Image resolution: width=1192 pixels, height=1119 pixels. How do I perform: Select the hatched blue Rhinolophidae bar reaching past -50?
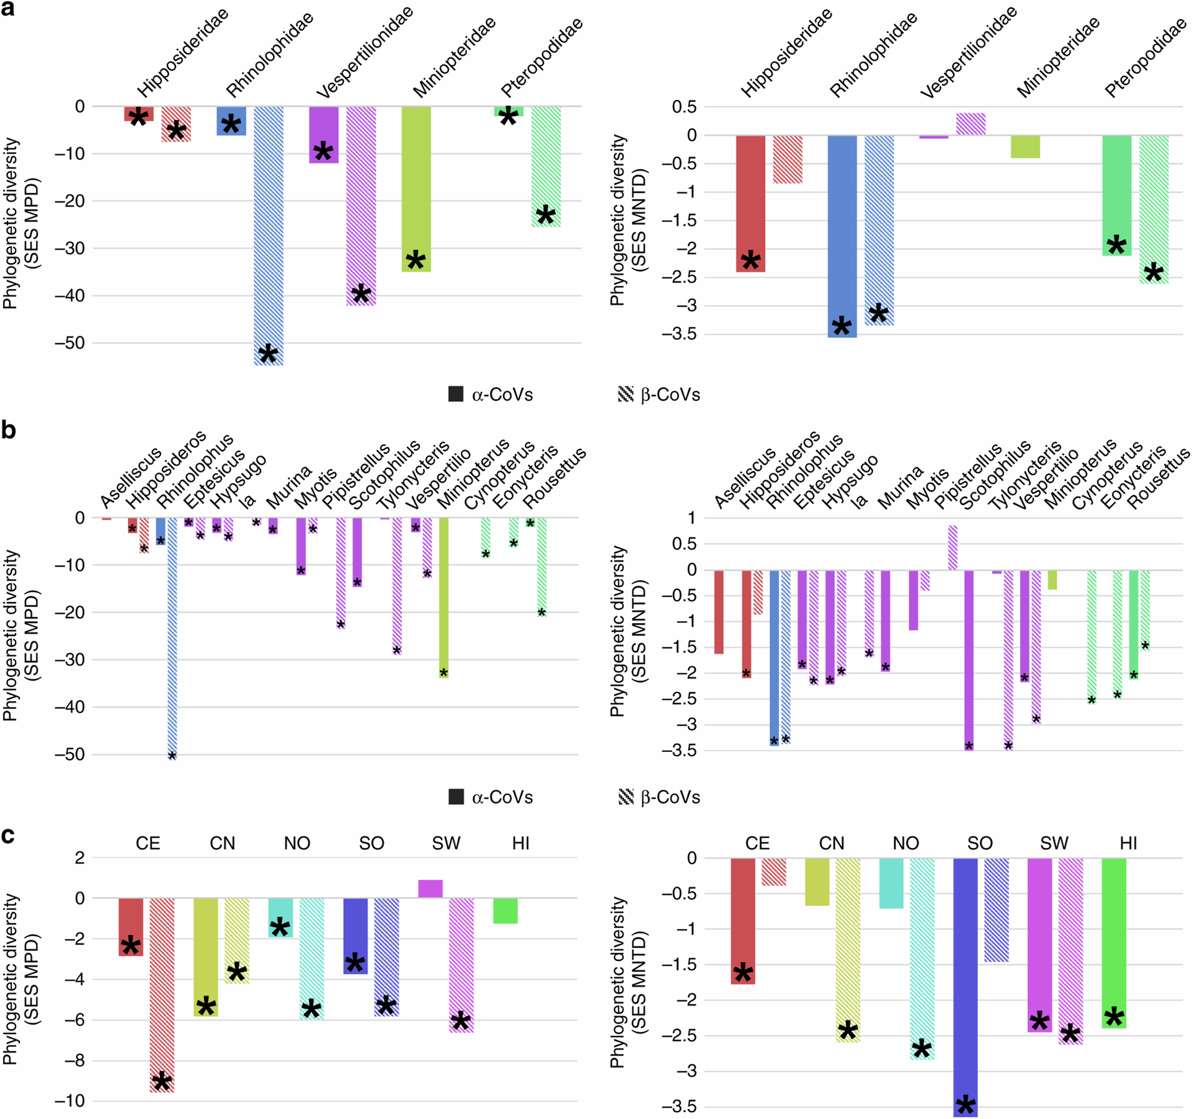coord(269,236)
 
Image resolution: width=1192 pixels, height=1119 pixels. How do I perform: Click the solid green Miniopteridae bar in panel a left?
coord(416,189)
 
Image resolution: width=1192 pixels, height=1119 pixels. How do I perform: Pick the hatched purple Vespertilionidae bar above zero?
coord(971,124)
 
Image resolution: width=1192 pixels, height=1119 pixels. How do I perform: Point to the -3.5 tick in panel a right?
coord(680,334)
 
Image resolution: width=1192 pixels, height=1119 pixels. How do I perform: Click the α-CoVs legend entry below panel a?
coord(490,394)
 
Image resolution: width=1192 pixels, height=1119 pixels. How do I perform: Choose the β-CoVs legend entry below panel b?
coord(659,797)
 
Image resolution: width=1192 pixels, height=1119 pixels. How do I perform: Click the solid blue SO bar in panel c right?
coord(965,986)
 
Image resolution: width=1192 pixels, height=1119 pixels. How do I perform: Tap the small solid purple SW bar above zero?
coord(430,888)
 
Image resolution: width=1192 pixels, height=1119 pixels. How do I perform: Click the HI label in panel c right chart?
coord(1128,843)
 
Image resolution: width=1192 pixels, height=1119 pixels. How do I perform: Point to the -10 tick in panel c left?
coord(69,1101)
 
